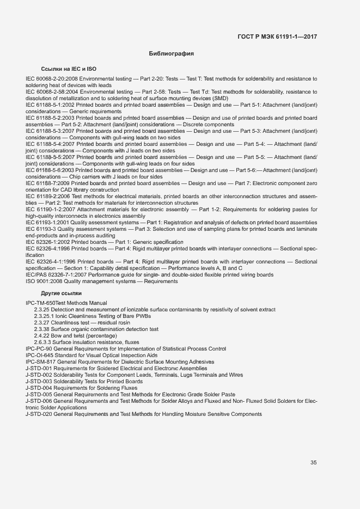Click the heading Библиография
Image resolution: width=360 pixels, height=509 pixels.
[x=172, y=54]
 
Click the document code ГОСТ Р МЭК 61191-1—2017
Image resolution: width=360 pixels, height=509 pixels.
[x=277, y=37]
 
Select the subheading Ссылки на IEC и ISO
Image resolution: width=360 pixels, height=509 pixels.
[x=69, y=70]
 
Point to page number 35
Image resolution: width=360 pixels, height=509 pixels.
[x=314, y=463]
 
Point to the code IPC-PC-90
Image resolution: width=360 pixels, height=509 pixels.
[x=39, y=348]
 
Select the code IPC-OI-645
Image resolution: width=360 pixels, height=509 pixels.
[x=39, y=355]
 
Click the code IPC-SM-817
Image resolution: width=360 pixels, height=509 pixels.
[x=39, y=361]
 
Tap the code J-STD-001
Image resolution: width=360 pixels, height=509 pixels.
[x=39, y=368]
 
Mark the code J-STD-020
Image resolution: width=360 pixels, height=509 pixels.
[x=39, y=414]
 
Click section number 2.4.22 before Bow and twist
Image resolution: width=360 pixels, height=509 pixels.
[x=41, y=335]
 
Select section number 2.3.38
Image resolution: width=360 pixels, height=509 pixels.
[x=41, y=329]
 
